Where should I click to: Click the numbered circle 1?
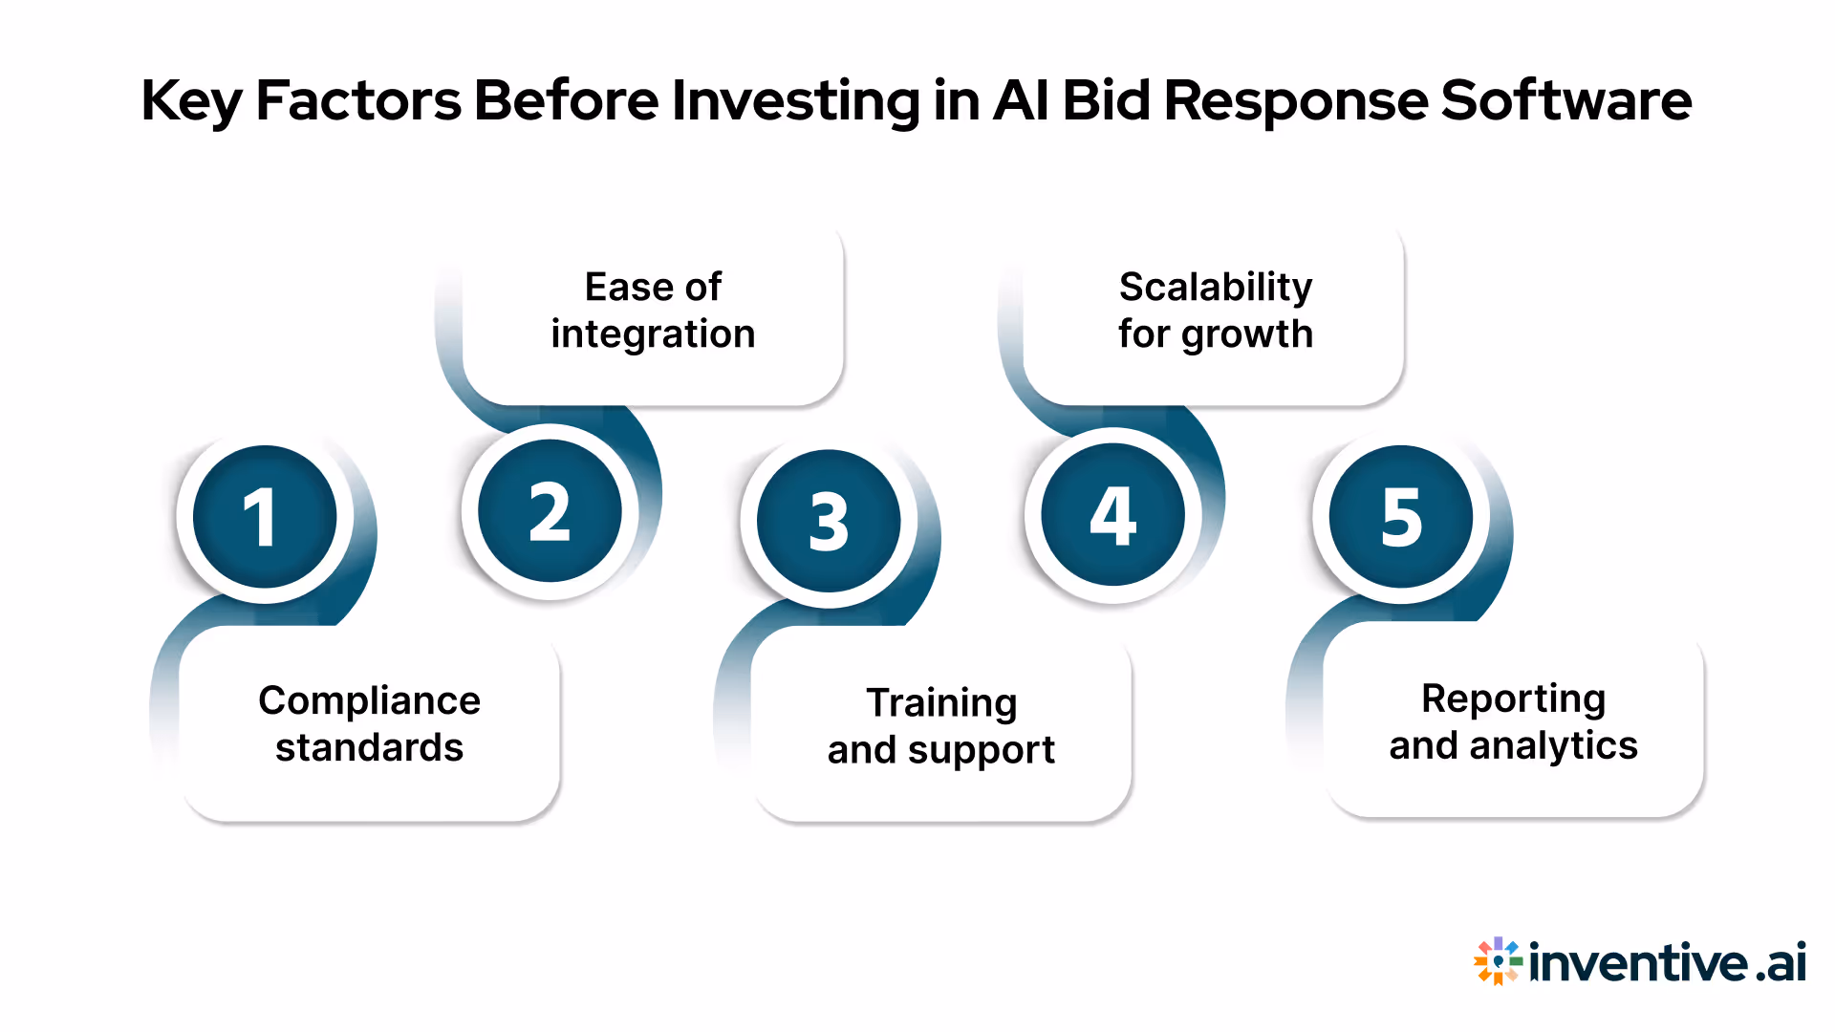(x=265, y=517)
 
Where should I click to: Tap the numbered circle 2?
(x=550, y=511)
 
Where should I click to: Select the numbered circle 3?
(x=829, y=521)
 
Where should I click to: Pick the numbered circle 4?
(x=1112, y=515)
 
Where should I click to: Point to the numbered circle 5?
(x=1401, y=517)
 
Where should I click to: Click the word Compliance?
(x=369, y=700)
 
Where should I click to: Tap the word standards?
(x=369, y=747)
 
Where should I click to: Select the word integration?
(x=653, y=334)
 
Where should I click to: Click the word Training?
(x=941, y=702)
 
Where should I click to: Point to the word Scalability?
(x=1216, y=287)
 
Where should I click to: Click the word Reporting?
(x=1513, y=699)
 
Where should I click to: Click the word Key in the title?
(x=191, y=101)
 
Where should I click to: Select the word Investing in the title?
(x=795, y=101)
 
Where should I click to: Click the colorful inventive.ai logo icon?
(x=1497, y=961)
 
